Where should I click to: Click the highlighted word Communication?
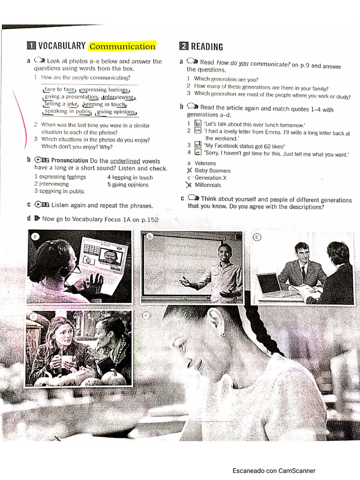(x=122, y=46)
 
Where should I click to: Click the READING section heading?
(x=206, y=46)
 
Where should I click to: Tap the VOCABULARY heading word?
(x=61, y=46)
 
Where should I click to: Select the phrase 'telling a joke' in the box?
(x=61, y=105)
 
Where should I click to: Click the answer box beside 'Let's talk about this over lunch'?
(x=198, y=124)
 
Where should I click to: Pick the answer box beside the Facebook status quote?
(x=198, y=145)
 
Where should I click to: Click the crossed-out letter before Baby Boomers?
(x=189, y=171)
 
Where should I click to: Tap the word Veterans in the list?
(x=205, y=163)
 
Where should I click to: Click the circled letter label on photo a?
(x=34, y=237)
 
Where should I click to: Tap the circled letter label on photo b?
(x=150, y=237)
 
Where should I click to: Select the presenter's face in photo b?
(x=225, y=254)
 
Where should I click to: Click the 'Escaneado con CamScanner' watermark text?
(x=274, y=471)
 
